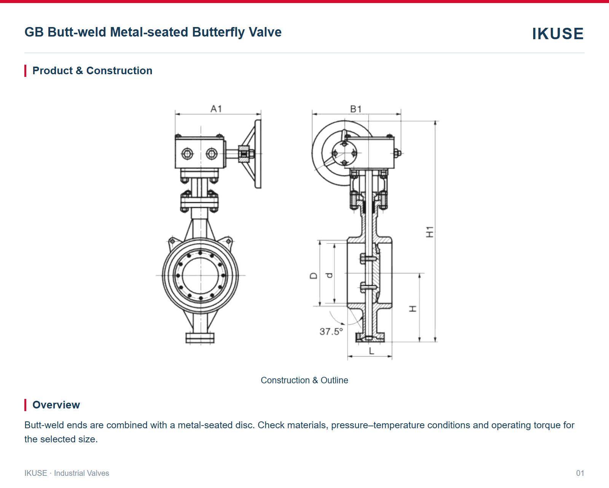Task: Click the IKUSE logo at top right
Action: pos(558,33)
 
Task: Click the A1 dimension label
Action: pos(216,109)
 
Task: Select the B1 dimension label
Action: pos(356,109)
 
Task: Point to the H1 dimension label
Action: pos(430,232)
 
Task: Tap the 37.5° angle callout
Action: pos(331,332)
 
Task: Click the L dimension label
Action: pos(371,351)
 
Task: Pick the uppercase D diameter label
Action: pos(314,276)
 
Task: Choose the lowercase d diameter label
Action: pos(329,276)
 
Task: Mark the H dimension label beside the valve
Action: pos(413,309)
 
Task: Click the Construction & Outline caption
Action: pos(304,380)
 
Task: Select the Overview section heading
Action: pos(56,405)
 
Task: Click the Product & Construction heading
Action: pos(92,70)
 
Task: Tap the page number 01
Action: pos(580,473)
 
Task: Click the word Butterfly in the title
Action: pos(218,32)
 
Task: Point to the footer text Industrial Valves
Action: pos(81,473)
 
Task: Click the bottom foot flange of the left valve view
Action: pos(200,338)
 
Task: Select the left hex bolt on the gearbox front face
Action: pos(187,154)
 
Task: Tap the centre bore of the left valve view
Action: pos(201,276)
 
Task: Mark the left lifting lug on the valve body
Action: pos(172,242)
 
